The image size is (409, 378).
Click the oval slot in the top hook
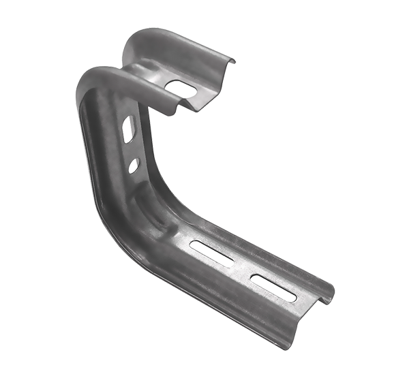click(181, 88)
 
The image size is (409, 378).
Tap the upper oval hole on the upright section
click(127, 129)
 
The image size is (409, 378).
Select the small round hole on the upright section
click(134, 164)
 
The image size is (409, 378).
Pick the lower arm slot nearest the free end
click(273, 287)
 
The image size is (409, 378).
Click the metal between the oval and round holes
click(131, 148)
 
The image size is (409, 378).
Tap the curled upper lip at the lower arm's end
click(330, 290)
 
